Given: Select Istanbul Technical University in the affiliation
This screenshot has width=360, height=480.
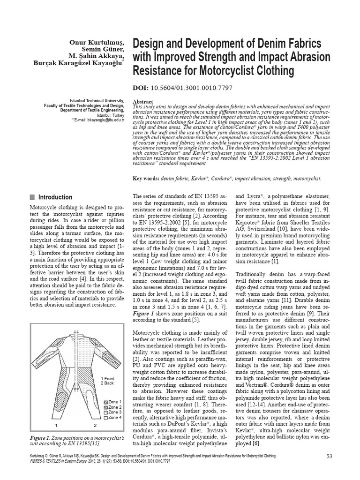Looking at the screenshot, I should point(97,100).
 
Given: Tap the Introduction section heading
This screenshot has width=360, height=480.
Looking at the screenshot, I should point(55,197).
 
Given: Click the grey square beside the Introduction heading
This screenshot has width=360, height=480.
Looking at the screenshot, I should point(32,197).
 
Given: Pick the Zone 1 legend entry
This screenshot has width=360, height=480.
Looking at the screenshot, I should point(112,402).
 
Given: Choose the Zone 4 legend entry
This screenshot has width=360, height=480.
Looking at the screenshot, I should point(112,417).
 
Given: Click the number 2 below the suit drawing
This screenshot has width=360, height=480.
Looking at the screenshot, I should point(95,426).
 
